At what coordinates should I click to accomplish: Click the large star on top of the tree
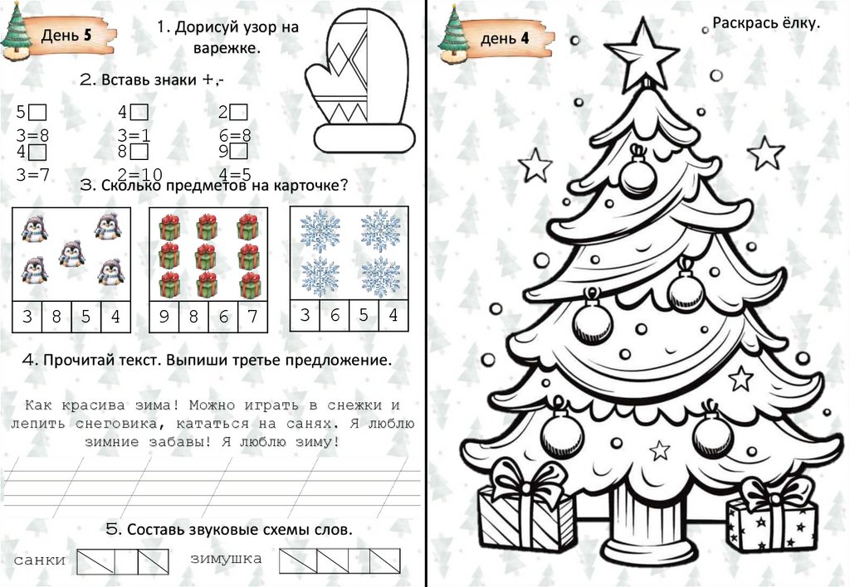point(642,55)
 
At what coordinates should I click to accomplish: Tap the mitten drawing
point(360,81)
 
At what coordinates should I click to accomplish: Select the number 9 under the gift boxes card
point(164,316)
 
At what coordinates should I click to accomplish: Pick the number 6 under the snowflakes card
point(335,314)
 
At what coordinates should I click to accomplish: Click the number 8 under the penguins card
point(56,316)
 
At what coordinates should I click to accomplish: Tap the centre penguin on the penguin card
point(72,254)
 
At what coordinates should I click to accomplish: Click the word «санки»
point(40,560)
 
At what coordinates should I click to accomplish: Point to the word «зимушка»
point(226,558)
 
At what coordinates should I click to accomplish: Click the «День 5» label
point(66,36)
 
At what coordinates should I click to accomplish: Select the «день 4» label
point(505,38)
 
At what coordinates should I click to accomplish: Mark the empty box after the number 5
point(37,112)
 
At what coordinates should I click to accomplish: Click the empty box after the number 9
point(238,151)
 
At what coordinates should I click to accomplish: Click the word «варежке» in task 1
point(227,47)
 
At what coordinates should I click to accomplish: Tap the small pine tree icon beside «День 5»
point(16,32)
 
